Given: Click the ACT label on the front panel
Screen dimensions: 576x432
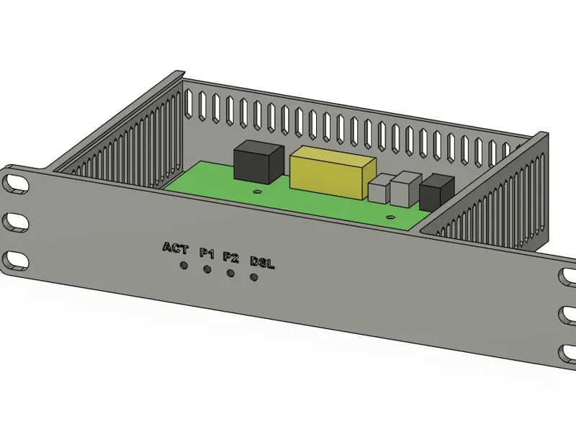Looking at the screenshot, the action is [175, 248].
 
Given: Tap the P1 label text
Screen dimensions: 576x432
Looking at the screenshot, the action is [207, 253].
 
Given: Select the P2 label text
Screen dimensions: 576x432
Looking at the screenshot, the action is [230, 257].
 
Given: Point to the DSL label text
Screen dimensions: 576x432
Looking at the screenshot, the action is [262, 262].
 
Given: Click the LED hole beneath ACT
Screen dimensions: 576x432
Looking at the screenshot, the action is [184, 265].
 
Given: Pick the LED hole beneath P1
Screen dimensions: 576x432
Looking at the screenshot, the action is [207, 269].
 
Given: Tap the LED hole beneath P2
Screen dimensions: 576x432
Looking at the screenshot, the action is [230, 274].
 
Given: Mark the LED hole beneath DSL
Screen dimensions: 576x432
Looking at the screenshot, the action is [253, 277].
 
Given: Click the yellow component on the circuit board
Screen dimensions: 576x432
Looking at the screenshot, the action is [333, 172].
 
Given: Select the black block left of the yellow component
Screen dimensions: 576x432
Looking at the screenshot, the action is [259, 161].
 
